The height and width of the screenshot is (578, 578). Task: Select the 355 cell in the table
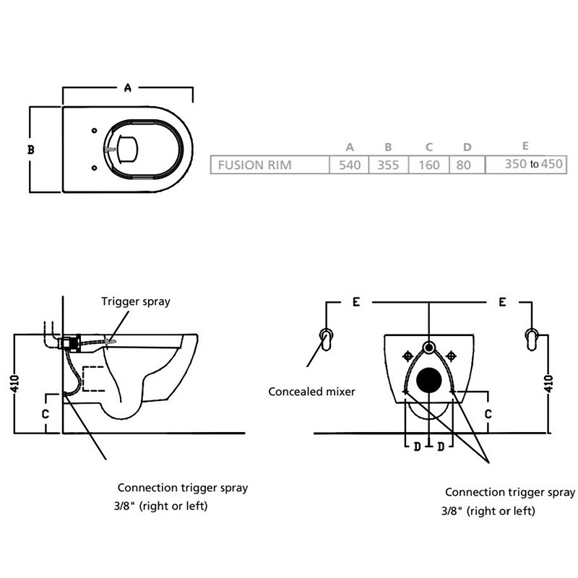[388, 165]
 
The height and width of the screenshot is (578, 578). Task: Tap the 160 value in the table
[428, 165]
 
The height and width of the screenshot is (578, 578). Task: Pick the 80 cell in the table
[464, 165]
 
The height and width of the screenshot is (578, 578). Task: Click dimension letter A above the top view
[127, 88]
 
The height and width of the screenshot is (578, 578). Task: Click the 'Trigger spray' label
[135, 301]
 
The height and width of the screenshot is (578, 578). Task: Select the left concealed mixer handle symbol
[327, 339]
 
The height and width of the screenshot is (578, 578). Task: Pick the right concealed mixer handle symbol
[535, 339]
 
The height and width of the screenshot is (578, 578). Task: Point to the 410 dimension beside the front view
[557, 381]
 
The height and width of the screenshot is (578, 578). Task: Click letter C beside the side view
[45, 414]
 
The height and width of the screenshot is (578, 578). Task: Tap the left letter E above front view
[356, 303]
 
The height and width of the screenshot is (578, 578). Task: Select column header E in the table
[524, 147]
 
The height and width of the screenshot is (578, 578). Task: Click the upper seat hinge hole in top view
[95, 131]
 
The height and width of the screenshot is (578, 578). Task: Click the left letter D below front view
[417, 446]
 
